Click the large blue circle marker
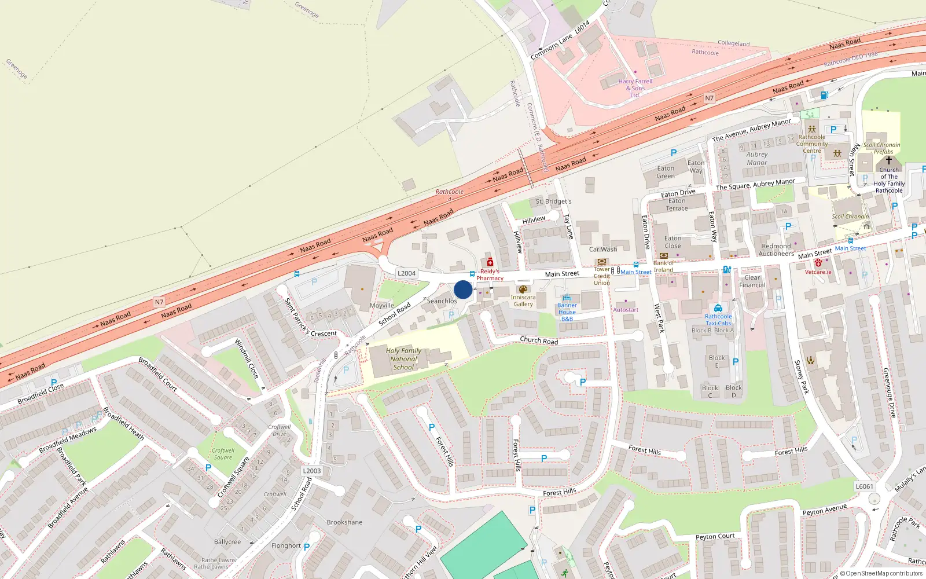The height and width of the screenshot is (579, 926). pos(463,289)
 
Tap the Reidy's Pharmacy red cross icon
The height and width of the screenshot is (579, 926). pos(490,262)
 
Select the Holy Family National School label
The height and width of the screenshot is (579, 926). pos(403,359)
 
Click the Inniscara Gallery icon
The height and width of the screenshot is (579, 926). pos(523,289)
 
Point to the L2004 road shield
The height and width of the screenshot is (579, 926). pos(406,273)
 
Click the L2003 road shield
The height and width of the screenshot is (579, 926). pos(312,471)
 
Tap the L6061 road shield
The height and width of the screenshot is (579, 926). pos(864,486)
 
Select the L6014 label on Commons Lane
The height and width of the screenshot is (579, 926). pos(582,27)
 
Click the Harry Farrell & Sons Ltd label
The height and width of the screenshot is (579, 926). pos(635,88)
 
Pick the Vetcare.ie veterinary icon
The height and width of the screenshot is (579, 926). pos(818,263)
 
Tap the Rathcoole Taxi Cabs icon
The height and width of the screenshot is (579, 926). pos(718,308)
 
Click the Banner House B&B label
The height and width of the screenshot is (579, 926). pos(567,312)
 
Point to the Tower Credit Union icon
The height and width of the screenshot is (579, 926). pos(602,262)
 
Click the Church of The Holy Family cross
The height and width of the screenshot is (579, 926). pos(889,160)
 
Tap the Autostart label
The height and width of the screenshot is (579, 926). pos(626,310)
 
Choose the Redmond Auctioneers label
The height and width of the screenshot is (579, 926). pos(776,250)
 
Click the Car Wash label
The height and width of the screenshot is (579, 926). pos(603,250)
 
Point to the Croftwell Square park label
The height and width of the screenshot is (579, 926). pos(223,454)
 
